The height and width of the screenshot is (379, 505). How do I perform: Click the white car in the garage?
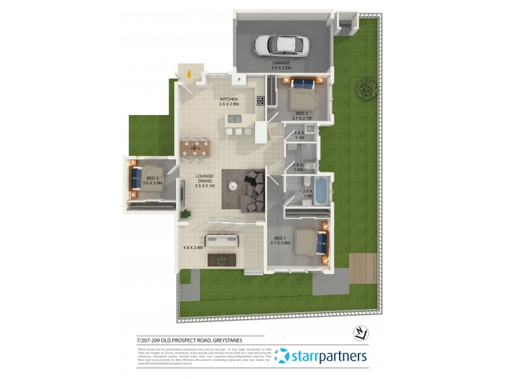tap(281, 44)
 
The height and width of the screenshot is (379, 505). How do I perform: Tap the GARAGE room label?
tap(281, 64)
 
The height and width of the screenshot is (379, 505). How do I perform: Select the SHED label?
tap(345, 25)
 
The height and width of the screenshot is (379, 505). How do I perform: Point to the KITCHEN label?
tap(229, 100)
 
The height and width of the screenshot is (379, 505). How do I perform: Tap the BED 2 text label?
tap(302, 114)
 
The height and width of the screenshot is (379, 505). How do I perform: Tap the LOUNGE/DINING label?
tap(205, 178)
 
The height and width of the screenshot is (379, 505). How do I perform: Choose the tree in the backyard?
tap(364, 89)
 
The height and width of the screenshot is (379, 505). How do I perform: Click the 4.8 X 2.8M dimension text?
tap(193, 248)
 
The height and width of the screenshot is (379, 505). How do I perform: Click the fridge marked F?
tap(239, 80)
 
